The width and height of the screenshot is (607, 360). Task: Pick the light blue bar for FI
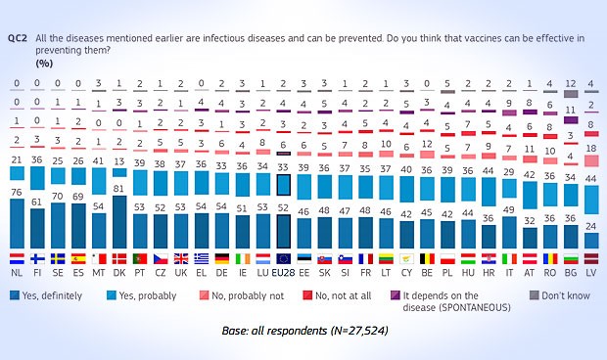coord(37,178)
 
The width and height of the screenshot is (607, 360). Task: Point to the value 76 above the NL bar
coord(17,193)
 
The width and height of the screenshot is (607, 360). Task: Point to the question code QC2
coord(16,38)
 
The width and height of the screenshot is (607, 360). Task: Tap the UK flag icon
coord(180,259)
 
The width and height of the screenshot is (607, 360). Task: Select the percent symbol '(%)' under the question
coord(45,62)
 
